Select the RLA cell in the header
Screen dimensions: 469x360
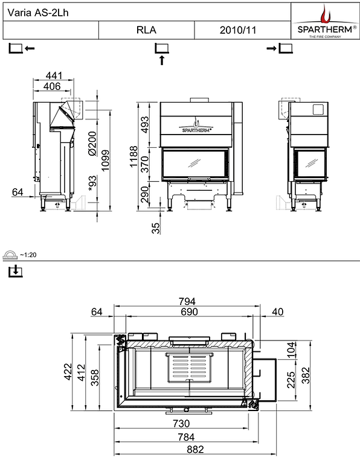point(146,30)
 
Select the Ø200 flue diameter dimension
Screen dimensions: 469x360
point(92,144)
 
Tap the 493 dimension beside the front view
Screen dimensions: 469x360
point(145,125)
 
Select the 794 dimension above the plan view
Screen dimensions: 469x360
point(188,300)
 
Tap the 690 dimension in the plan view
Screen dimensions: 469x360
point(188,311)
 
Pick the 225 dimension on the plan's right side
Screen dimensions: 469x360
point(290,378)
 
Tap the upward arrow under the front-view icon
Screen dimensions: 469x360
point(161,60)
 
